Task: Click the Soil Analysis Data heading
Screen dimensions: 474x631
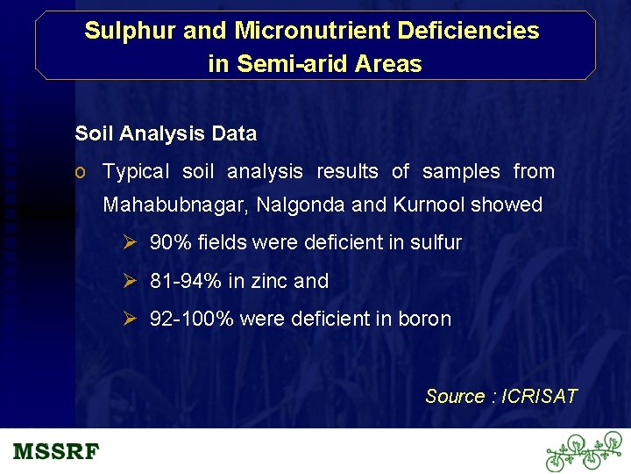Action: click(166, 134)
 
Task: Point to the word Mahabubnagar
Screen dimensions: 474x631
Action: click(176, 205)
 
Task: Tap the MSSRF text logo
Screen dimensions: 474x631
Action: click(56, 453)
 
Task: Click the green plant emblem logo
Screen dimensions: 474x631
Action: click(584, 451)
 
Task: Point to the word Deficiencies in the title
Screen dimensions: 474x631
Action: click(468, 31)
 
